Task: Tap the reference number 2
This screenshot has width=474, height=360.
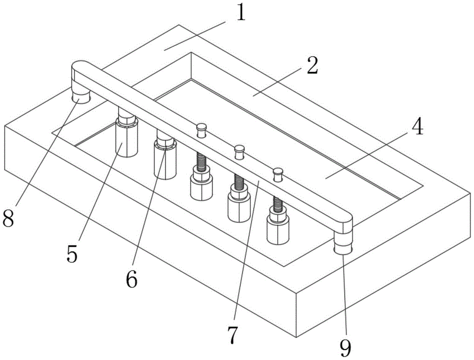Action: tap(311, 67)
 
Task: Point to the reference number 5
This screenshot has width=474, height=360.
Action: tap(72, 254)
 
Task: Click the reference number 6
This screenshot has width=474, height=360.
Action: tap(131, 279)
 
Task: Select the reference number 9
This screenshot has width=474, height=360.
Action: tap(346, 348)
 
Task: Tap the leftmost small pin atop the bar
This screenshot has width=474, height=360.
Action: tap(202, 129)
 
